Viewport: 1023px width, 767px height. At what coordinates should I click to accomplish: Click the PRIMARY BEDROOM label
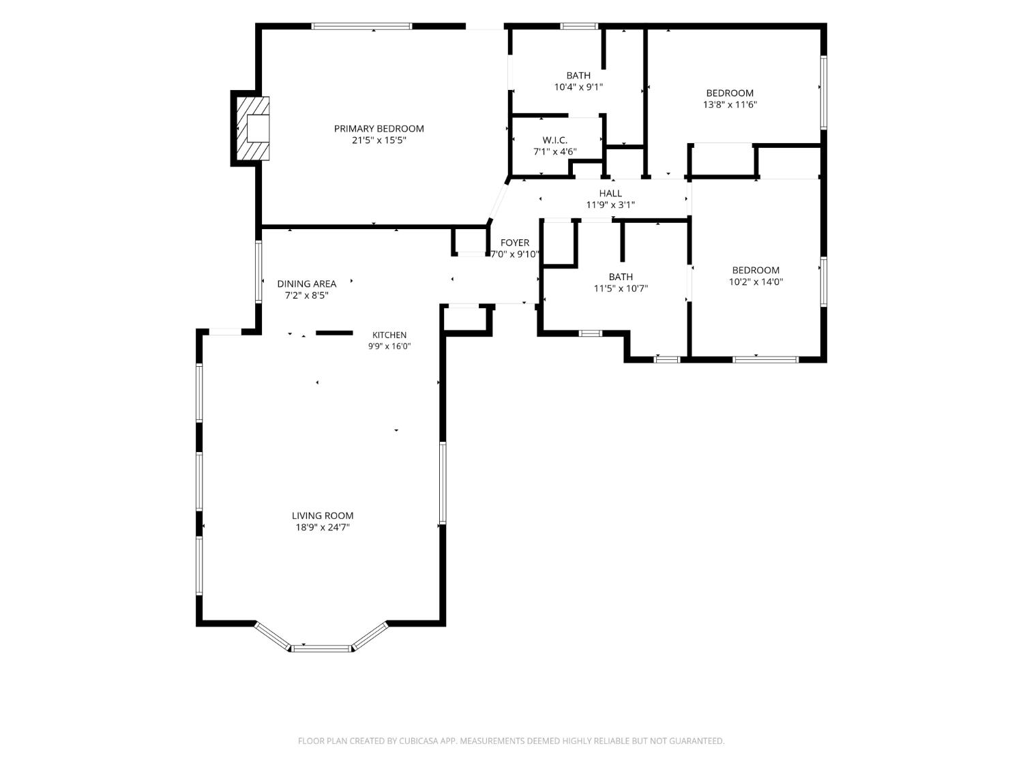(x=379, y=129)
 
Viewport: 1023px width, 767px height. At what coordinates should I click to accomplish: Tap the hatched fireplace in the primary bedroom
(x=252, y=128)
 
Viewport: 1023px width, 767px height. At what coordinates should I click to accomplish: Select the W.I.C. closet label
(x=554, y=140)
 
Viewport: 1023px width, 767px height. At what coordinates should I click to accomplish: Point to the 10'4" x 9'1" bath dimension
(x=578, y=87)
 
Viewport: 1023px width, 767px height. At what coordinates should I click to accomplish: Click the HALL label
(x=610, y=193)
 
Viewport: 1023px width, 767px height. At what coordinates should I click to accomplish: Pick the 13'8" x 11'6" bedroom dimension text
(x=730, y=105)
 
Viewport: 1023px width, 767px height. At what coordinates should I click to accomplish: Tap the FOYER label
(x=515, y=243)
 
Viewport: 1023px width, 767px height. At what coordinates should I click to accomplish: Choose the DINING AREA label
(x=307, y=284)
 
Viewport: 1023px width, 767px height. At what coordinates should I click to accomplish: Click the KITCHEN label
(x=389, y=335)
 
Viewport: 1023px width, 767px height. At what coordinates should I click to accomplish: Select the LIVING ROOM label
(x=323, y=515)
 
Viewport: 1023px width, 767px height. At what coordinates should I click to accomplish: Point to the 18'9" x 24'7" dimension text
(x=323, y=527)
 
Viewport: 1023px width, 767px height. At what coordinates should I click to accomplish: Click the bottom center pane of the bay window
(x=321, y=648)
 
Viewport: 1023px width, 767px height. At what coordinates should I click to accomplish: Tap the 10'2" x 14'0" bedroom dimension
(x=756, y=282)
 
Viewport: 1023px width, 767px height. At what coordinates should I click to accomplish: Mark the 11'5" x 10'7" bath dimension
(x=621, y=288)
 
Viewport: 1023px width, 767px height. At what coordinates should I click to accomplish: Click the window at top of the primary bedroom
(x=361, y=26)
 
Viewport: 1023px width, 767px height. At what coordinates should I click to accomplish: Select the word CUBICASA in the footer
(x=419, y=740)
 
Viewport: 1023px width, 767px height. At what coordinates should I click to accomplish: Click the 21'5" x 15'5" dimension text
(x=379, y=140)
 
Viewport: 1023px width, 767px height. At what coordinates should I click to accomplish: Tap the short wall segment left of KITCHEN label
(x=334, y=333)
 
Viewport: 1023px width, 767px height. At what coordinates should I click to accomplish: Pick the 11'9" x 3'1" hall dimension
(x=610, y=205)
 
